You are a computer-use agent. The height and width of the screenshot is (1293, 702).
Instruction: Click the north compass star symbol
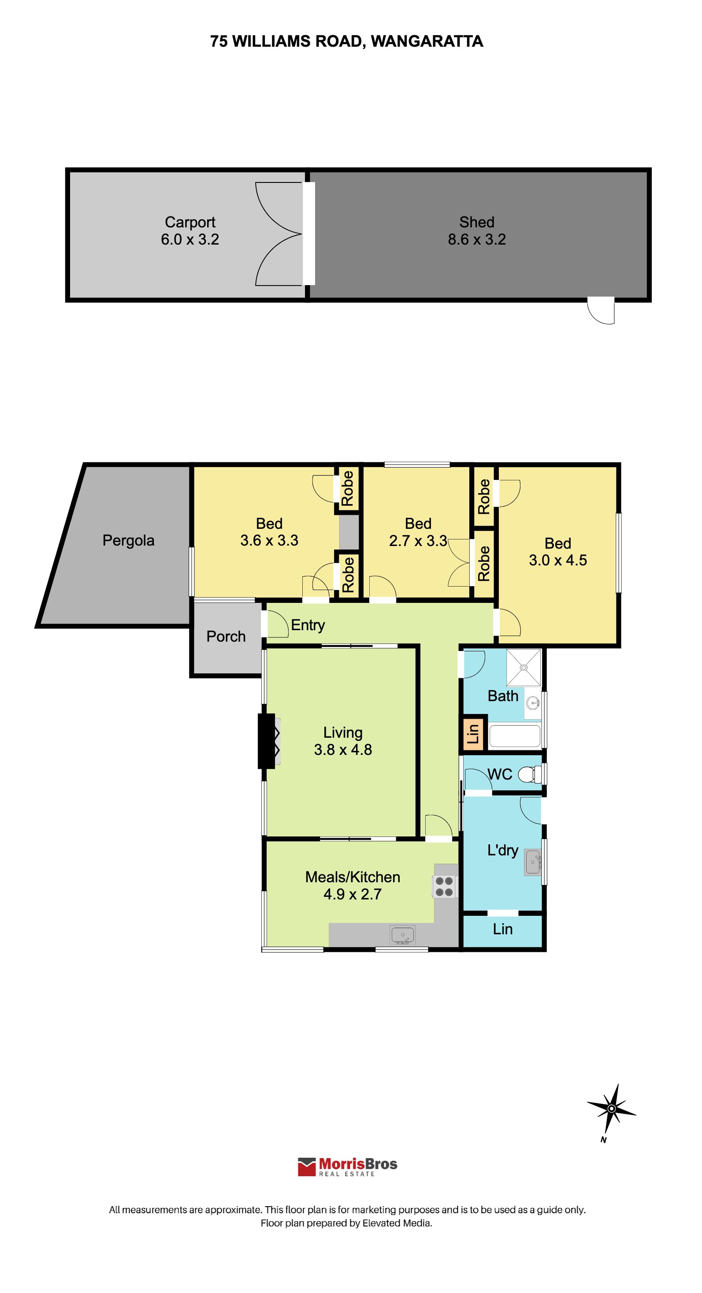coord(611,1108)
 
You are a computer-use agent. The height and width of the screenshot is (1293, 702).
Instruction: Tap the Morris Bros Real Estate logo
coord(347,1167)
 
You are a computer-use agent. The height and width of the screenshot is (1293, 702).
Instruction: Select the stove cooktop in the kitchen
coord(444,886)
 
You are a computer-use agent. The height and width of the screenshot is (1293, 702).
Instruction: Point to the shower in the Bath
coord(524,668)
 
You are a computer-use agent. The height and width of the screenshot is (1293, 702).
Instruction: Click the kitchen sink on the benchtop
coord(402,935)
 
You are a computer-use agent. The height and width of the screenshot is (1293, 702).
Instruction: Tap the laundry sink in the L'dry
coord(532,862)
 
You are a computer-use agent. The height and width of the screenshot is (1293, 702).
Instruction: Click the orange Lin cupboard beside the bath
coord(473,733)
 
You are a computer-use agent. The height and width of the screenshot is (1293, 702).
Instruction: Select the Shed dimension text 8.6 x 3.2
coord(477,239)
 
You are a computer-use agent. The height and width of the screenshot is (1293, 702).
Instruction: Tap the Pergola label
coord(128,541)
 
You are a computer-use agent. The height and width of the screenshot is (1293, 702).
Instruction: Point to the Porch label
coord(226,636)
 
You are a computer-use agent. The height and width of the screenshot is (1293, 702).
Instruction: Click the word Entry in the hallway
coord(308,625)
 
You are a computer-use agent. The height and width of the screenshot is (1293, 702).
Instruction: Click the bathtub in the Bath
coord(515,736)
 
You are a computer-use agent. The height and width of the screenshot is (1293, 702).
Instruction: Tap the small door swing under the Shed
coord(601,310)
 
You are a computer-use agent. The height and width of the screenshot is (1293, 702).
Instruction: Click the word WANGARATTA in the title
coord(427,41)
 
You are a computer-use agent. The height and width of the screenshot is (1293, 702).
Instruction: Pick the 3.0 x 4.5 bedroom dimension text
coord(557,560)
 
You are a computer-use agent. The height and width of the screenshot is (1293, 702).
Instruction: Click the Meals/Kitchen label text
coord(353,877)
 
